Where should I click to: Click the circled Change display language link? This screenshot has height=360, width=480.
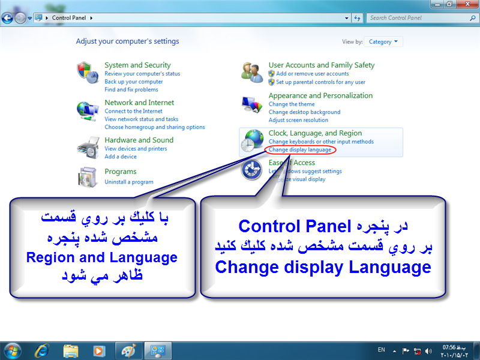[299, 149]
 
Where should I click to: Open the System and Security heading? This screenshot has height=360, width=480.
[137, 65]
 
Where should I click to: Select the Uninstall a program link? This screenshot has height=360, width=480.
[129, 182]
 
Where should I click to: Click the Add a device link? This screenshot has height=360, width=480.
[121, 157]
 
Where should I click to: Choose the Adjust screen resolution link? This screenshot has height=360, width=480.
[298, 120]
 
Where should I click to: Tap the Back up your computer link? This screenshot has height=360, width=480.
[133, 82]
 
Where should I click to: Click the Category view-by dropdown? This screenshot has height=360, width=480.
[383, 41]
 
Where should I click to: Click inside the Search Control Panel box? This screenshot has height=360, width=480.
[418, 18]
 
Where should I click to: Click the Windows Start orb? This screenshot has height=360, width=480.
[11, 351]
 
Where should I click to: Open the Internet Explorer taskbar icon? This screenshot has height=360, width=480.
[41, 351]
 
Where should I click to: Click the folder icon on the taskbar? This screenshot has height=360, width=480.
[71, 351]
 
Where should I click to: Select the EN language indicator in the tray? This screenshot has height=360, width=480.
[381, 350]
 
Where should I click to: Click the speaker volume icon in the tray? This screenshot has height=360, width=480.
[428, 351]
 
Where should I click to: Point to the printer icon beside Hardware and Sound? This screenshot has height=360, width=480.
[88, 148]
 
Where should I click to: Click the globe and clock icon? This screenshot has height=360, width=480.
[252, 141]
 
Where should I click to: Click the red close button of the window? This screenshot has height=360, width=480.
[467, 4]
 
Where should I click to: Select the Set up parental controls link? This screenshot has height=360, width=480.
[320, 82]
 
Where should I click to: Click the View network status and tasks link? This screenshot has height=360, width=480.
[141, 119]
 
